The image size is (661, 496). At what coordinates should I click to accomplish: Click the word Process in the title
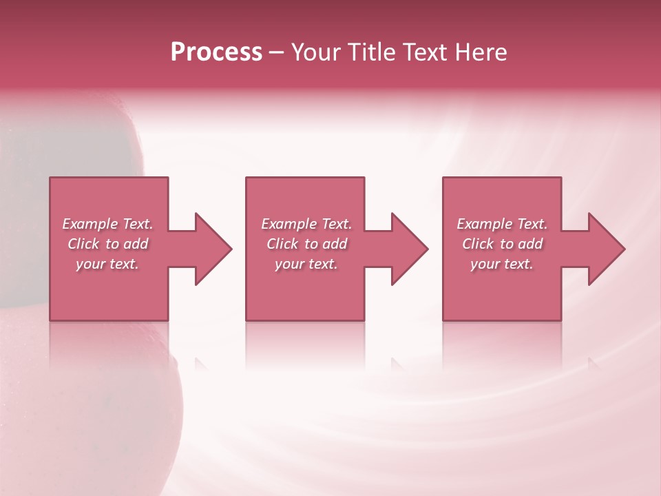click(x=216, y=52)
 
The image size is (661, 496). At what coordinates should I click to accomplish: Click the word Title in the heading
click(x=369, y=52)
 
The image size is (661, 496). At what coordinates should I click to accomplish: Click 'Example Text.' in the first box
click(x=107, y=224)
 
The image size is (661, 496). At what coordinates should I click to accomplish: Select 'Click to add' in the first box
click(x=107, y=244)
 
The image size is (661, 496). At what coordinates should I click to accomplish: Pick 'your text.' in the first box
click(x=107, y=264)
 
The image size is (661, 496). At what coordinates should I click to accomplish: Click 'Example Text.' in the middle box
click(x=306, y=224)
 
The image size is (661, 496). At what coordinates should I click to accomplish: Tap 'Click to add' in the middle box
click(x=306, y=244)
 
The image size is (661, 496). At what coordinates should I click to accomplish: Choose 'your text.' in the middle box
click(x=306, y=264)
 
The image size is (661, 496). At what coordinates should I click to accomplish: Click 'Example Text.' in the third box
click(x=502, y=224)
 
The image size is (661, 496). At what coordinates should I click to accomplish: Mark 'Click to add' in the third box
click(x=502, y=244)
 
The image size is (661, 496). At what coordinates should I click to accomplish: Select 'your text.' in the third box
click(x=502, y=264)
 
